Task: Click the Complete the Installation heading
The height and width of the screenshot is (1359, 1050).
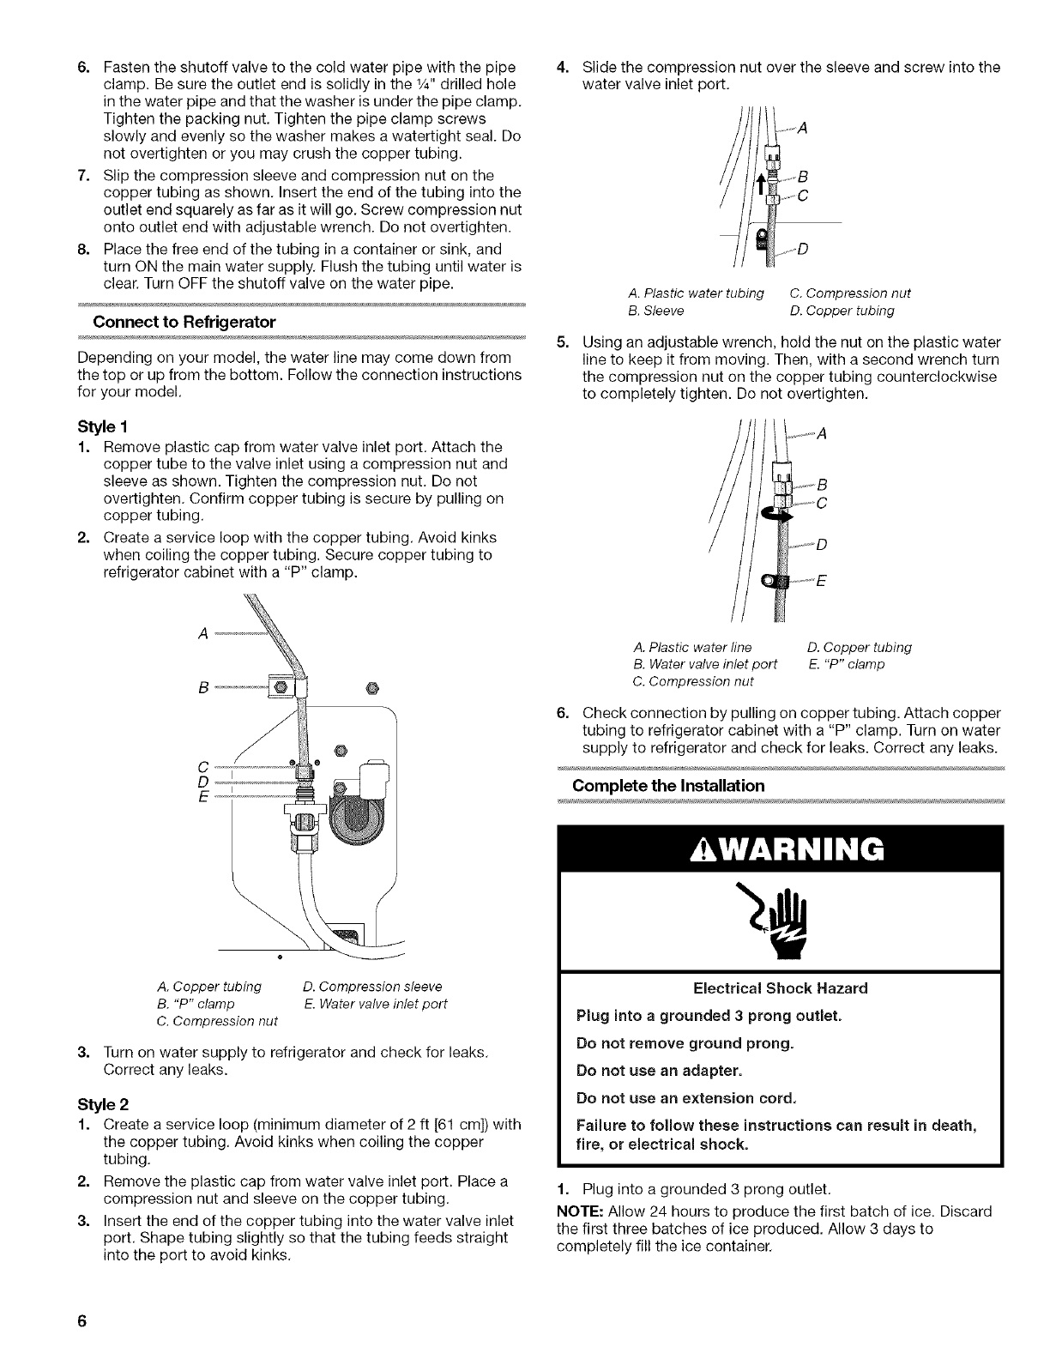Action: (668, 786)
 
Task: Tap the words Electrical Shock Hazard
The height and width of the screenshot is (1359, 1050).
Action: (780, 988)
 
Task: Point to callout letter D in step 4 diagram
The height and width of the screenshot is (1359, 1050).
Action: (804, 250)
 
